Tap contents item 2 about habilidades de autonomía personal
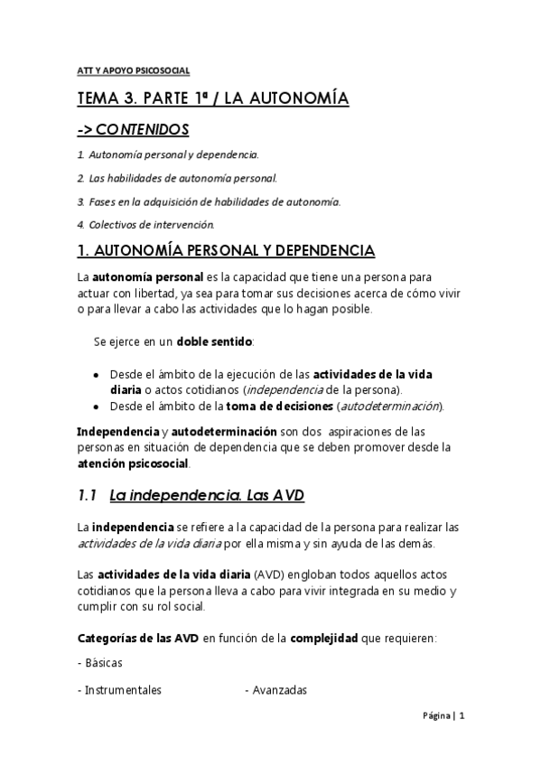[x=182, y=177]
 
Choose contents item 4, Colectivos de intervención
[x=145, y=224]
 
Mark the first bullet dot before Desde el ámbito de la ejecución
[x=97, y=374]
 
